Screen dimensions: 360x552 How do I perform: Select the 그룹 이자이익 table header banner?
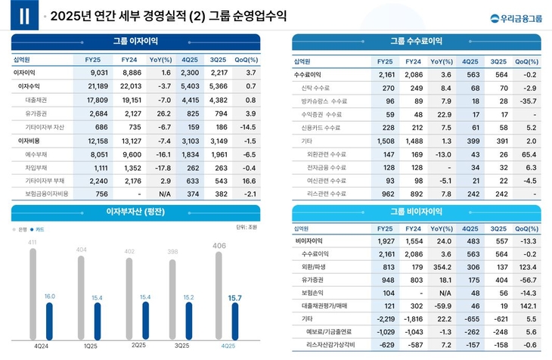[135, 41]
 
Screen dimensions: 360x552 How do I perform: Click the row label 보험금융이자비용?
[47, 194]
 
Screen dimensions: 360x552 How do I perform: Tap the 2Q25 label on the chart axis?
[138, 346]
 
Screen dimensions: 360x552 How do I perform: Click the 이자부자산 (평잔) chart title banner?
[135, 211]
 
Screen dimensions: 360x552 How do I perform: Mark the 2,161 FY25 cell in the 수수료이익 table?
[386, 75]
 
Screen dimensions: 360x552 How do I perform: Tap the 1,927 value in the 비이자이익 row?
[386, 241]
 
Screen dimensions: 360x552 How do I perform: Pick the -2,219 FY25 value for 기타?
[384, 319]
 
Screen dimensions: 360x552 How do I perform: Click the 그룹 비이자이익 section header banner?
[417, 211]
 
